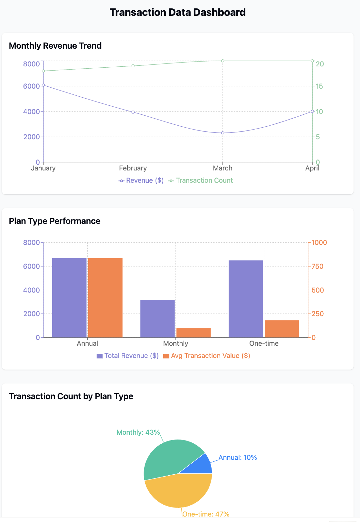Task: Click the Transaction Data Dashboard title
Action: (x=177, y=12)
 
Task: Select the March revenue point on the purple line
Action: (x=223, y=133)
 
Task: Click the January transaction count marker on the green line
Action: (x=43, y=71)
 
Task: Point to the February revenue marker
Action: (x=133, y=112)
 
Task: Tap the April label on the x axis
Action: (x=312, y=168)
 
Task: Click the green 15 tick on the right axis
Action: (x=319, y=86)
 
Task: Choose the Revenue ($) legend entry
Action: (x=141, y=180)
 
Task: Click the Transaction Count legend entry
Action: (x=201, y=180)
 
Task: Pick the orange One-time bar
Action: (x=282, y=329)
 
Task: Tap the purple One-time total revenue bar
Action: (x=246, y=299)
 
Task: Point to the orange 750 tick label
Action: (x=317, y=266)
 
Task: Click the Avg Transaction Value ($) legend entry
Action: (x=207, y=356)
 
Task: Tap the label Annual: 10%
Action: (x=238, y=458)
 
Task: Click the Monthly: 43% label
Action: (x=138, y=432)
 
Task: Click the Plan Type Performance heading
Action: (x=55, y=221)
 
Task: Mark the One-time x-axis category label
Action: (x=264, y=343)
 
